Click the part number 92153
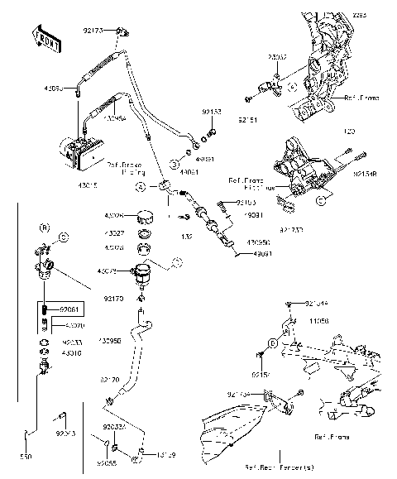tap(211, 110)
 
